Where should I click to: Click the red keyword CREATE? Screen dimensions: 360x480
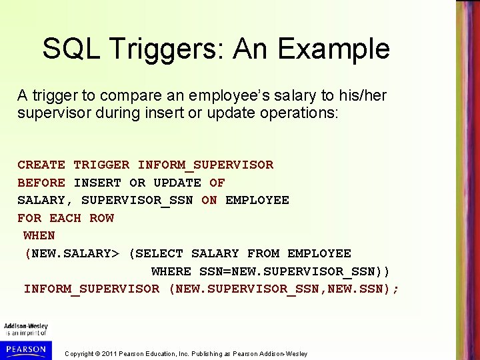[41, 165]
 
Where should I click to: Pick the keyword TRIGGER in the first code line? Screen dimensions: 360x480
[101, 165]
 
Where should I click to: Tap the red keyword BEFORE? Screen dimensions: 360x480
[41, 183]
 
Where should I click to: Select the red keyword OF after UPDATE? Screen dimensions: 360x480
[217, 183]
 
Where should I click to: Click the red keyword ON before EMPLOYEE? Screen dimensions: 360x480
[209, 200]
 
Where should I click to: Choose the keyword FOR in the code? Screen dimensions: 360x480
[29, 218]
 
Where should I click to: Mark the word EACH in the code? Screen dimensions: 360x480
[65, 218]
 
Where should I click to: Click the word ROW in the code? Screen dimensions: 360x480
[101, 218]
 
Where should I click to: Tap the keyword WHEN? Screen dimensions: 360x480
[39, 235]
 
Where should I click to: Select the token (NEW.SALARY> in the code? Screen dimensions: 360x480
[72, 253]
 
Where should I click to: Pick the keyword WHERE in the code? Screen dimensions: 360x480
[171, 271]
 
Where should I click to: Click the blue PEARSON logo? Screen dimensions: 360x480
[25, 349]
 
